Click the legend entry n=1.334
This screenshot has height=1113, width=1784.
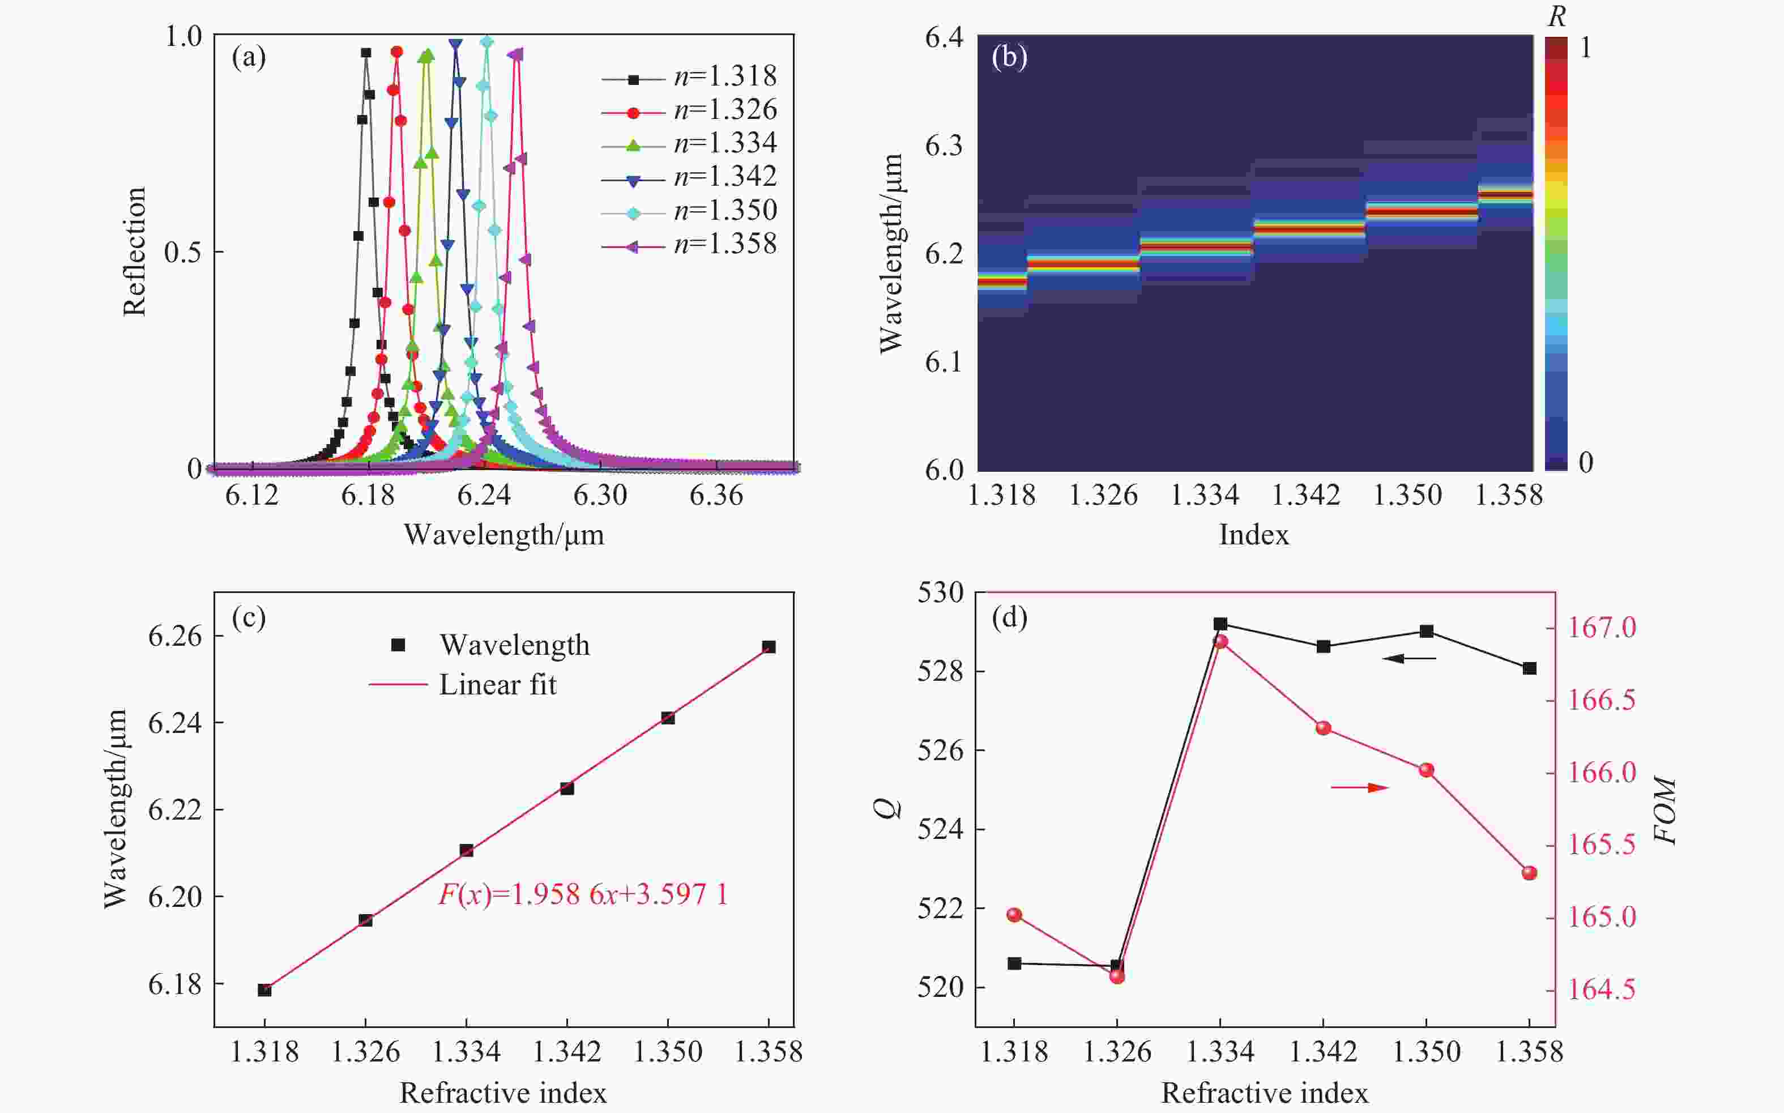coord(725,143)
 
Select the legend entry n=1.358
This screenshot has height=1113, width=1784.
coord(725,244)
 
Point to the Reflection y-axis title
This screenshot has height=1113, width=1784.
coord(135,251)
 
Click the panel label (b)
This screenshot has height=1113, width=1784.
coord(1009,57)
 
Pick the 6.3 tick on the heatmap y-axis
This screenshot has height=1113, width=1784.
coord(944,146)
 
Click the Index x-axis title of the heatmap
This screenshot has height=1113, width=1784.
coord(1253,535)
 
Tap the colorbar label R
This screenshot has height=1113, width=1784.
coord(1556,17)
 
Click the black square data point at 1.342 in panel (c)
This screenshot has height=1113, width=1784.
coord(567,788)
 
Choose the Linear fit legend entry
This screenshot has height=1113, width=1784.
coord(497,685)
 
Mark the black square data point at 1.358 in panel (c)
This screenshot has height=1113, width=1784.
coord(769,647)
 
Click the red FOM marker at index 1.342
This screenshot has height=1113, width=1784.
coord(1324,728)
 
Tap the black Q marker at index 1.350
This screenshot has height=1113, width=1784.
coord(1426,631)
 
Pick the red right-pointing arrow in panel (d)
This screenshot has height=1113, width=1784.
coord(1359,788)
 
